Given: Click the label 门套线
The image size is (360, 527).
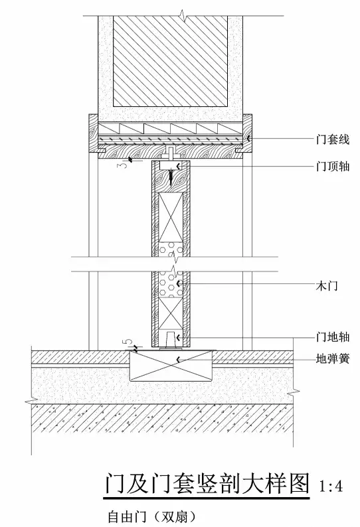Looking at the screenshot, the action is pyautogui.click(x=333, y=139).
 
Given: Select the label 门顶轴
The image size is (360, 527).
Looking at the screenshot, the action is pyautogui.click(x=333, y=166).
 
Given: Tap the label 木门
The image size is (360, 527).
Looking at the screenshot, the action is pyautogui.click(x=327, y=286).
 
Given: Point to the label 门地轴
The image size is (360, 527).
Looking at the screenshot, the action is pyautogui.click(x=333, y=337).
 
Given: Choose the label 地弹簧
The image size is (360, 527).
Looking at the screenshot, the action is pyautogui.click(x=333, y=358).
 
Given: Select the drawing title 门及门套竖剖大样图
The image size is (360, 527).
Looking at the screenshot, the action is pyautogui.click(x=207, y=484).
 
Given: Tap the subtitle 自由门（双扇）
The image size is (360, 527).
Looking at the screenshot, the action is pyautogui.click(x=151, y=516).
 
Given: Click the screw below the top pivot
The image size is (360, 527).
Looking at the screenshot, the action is pyautogui.click(x=171, y=178).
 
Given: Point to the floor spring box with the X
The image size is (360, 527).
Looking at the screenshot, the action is pyautogui.click(x=171, y=366).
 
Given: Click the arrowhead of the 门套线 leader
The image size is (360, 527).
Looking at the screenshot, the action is pyautogui.click(x=248, y=137).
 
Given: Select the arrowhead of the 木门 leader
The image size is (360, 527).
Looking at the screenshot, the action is pyautogui.click(x=178, y=283).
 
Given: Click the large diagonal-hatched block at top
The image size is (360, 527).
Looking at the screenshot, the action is pyautogui.click(x=171, y=61).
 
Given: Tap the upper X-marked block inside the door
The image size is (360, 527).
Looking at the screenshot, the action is pyautogui.click(x=171, y=217).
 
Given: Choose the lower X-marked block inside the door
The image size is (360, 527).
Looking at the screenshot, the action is pyautogui.click(x=171, y=313).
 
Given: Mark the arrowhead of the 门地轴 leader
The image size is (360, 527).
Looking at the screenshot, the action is pyautogui.click(x=178, y=337).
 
